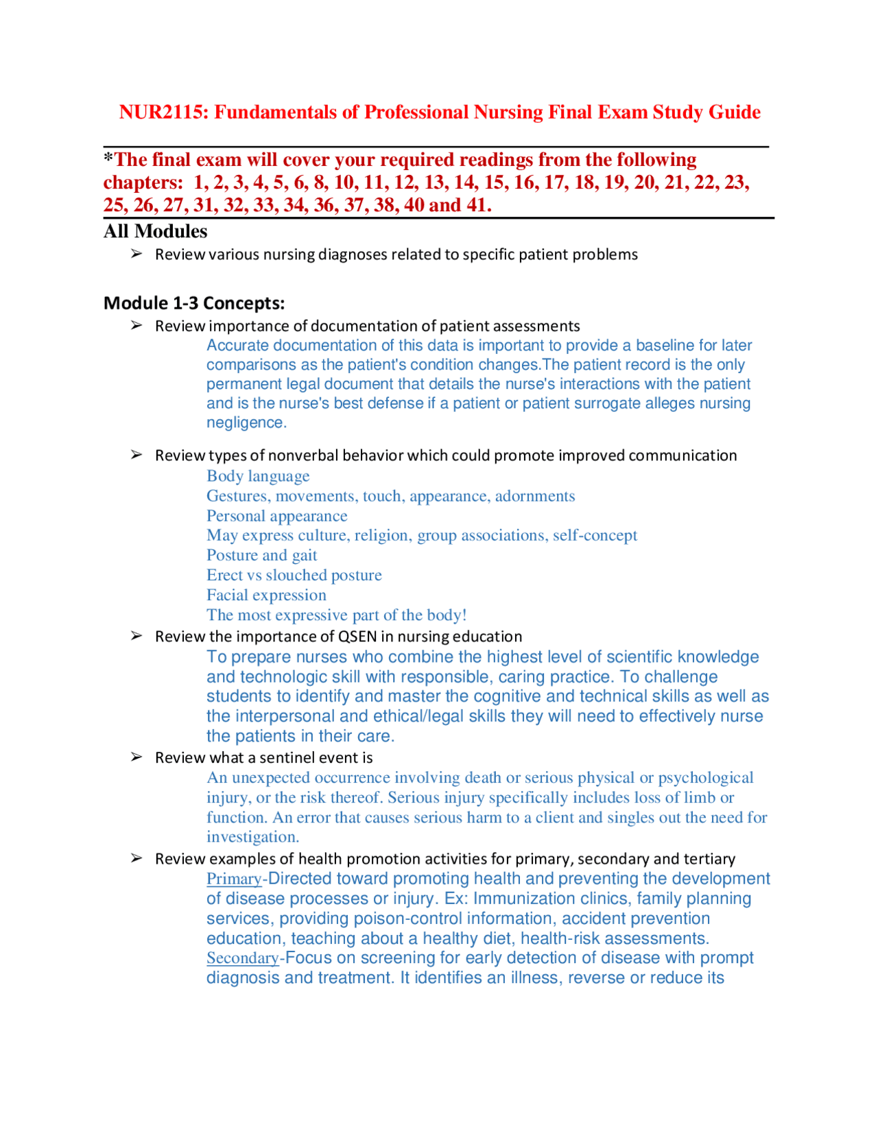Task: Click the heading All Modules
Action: pyautogui.click(x=155, y=231)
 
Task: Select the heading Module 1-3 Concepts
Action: pyautogui.click(x=194, y=303)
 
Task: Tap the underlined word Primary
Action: pyautogui.click(x=234, y=879)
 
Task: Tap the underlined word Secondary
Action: pyautogui.click(x=242, y=958)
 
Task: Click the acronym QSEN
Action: pyautogui.click(x=357, y=637)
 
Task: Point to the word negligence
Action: pyautogui.click(x=246, y=423)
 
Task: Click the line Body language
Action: pyautogui.click(x=258, y=476)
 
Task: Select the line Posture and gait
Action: pyautogui.click(x=261, y=555)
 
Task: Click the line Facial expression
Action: pyautogui.click(x=266, y=595)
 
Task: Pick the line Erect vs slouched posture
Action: pyautogui.click(x=294, y=575)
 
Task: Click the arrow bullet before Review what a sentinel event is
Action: pyautogui.click(x=137, y=757)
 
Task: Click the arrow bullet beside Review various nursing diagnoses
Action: pyautogui.click(x=137, y=254)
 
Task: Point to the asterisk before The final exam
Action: pyautogui.click(x=108, y=158)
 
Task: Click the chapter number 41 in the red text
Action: pyautogui.click(x=475, y=205)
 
